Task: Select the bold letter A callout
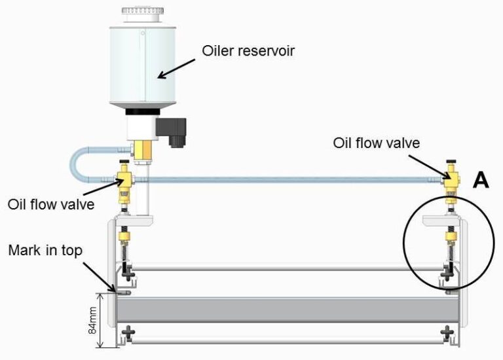[x=481, y=181]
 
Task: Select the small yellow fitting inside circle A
[x=451, y=235]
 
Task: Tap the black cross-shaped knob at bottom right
[x=449, y=333]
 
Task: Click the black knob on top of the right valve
[x=451, y=161]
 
